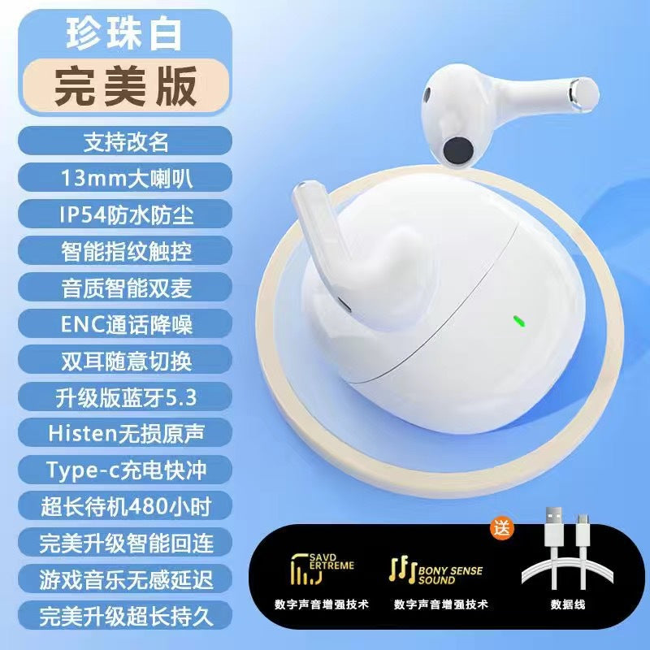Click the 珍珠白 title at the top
[124, 34]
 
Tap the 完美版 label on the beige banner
[126, 86]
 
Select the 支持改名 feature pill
[125, 141]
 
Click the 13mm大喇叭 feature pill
[125, 177]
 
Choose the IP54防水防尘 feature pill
[125, 214]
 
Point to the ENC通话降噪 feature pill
[125, 323]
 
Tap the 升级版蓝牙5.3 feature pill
[125, 397]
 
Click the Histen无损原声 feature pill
[125, 433]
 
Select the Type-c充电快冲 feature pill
[125, 470]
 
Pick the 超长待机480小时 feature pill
[125, 505]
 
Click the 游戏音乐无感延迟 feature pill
[125, 579]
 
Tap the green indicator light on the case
[518, 321]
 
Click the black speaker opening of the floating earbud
[458, 151]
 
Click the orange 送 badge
[502, 529]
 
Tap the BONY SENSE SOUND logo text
[450, 575]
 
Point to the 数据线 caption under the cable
[568, 604]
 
